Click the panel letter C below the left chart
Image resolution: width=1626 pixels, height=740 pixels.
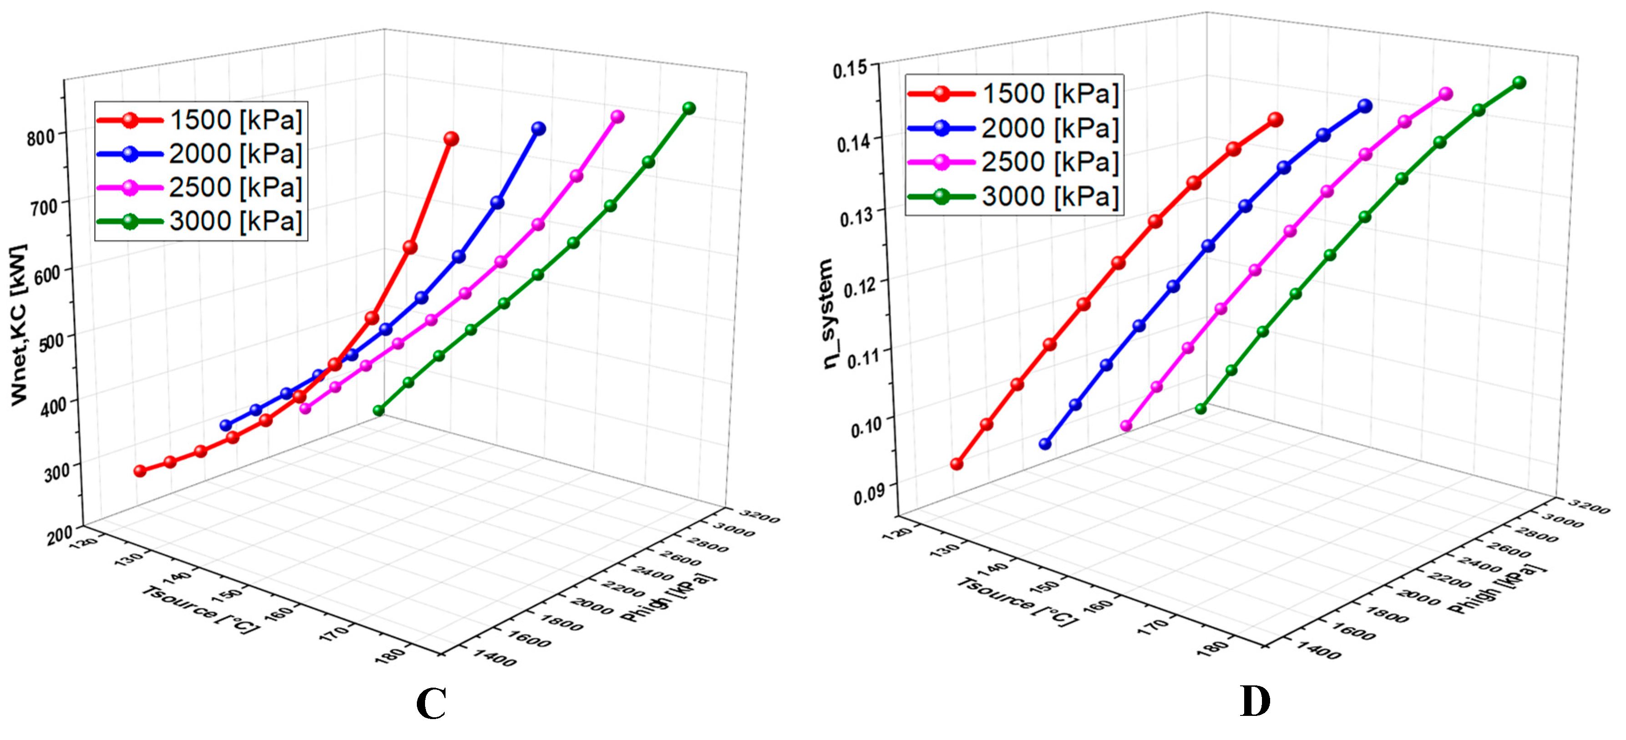tap(431, 704)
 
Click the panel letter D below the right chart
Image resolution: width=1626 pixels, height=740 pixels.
tap(1255, 701)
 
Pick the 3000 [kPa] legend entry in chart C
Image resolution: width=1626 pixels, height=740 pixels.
tap(201, 221)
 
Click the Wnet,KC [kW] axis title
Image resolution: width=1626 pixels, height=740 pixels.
tap(19, 324)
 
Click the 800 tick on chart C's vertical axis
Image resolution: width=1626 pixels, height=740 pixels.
tap(41, 137)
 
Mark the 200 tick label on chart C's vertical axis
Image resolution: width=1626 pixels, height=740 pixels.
tap(59, 535)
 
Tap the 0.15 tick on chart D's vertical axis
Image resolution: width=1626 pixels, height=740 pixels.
tap(850, 69)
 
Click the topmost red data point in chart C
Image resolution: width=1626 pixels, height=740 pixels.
tap(451, 139)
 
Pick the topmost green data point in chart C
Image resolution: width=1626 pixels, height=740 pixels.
tap(689, 109)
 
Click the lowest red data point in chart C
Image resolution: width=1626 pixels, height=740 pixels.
tap(140, 471)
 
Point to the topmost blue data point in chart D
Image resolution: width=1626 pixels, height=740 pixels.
tap(1365, 106)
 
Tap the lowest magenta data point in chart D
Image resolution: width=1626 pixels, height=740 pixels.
tap(1125, 426)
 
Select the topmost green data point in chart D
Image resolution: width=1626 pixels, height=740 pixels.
tap(1520, 83)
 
